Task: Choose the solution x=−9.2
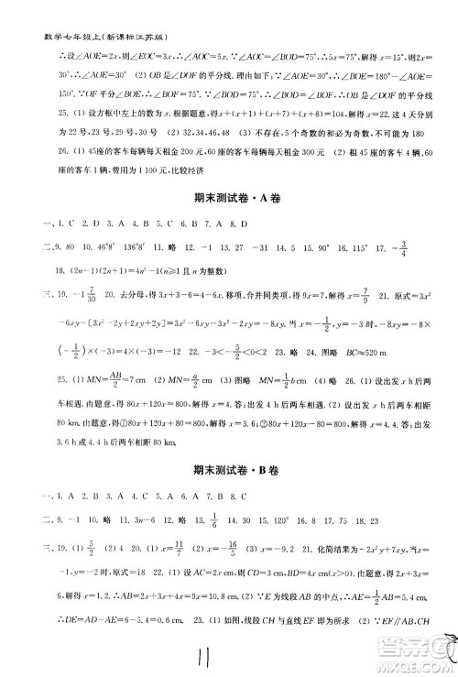297,549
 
